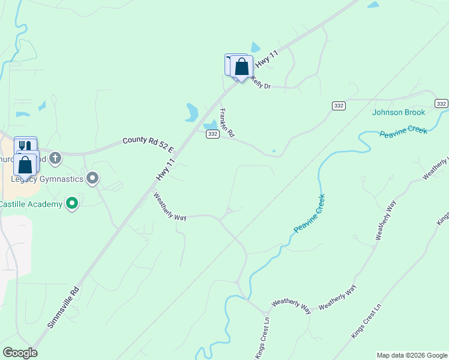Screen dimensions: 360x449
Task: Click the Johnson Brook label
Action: (x=398, y=112)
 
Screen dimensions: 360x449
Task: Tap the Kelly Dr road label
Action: (x=261, y=82)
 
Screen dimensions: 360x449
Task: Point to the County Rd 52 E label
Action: (x=148, y=144)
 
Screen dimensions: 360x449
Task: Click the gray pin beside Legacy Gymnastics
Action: (x=92, y=178)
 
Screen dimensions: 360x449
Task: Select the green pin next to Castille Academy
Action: (x=72, y=204)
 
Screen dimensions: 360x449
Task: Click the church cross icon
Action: (x=55, y=158)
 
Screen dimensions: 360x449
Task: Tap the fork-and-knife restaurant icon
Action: (x=25, y=146)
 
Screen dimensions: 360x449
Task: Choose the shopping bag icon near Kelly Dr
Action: (x=241, y=66)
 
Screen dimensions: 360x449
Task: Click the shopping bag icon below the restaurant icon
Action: (x=25, y=164)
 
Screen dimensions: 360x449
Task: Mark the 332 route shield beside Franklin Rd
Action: (x=212, y=134)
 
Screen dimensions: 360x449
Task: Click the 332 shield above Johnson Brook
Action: (x=339, y=106)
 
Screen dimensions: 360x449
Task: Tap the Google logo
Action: (x=20, y=353)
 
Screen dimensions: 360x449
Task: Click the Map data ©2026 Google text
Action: (x=411, y=355)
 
